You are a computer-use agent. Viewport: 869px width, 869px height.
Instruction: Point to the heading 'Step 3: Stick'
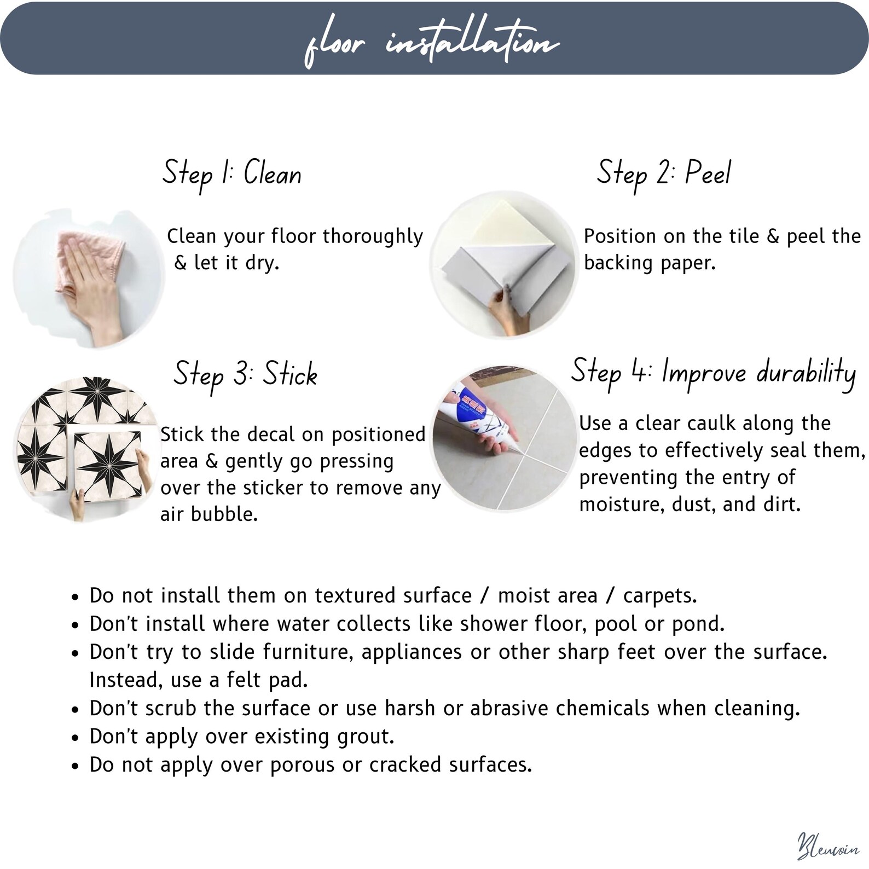(245, 375)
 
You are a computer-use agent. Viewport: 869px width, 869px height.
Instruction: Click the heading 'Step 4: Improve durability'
(713, 373)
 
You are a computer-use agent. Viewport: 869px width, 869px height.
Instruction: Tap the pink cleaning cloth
(90, 257)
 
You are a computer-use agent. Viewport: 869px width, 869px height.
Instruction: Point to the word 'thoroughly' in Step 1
(373, 236)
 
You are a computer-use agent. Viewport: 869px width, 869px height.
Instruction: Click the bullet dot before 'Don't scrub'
(76, 710)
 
